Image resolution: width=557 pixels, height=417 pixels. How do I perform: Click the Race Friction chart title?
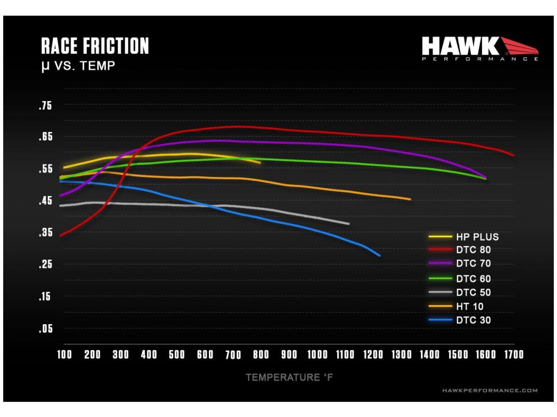click(95, 46)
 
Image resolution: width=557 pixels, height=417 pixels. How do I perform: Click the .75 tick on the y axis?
click(45, 106)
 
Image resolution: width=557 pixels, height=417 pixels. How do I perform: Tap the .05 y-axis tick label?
click(45, 328)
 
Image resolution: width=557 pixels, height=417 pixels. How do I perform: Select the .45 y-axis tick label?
click(45, 201)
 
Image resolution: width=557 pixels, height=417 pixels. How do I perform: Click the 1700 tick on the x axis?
click(513, 355)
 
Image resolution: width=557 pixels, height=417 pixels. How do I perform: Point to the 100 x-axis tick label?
click(64, 355)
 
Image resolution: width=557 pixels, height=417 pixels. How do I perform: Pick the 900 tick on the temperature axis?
click(289, 355)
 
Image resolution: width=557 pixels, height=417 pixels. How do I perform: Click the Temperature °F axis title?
click(289, 377)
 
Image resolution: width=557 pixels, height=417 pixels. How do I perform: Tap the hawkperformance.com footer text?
click(490, 390)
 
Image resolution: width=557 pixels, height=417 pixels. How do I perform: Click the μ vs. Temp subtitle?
click(78, 67)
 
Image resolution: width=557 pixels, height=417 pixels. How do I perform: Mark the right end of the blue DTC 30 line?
click(380, 255)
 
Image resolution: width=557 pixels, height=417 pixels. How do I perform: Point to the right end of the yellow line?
click(261, 162)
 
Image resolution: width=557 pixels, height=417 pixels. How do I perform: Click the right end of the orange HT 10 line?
click(410, 199)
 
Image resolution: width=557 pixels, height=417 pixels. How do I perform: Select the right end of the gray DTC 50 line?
click(349, 224)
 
